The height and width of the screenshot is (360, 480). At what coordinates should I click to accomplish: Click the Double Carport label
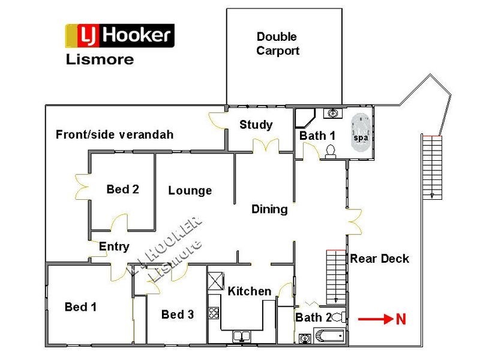point(277,44)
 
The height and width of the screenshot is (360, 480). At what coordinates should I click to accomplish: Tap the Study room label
point(256,125)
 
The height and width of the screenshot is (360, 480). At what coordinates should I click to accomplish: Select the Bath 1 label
point(317,136)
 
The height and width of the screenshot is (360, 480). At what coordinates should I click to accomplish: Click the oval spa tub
point(360,130)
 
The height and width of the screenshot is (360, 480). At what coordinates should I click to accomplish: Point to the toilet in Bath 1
point(331,152)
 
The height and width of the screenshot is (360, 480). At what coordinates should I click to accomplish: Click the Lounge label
point(190,191)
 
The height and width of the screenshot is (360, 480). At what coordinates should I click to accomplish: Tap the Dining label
point(269,209)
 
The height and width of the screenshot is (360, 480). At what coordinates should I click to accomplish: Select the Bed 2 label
point(122,190)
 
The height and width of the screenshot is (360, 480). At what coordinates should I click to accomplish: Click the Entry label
point(114,247)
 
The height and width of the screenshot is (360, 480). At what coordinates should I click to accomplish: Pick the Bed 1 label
point(80,307)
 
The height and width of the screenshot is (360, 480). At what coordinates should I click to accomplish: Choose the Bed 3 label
point(178,314)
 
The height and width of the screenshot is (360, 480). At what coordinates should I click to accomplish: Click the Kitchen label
point(249,291)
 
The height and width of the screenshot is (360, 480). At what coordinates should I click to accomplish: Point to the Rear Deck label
point(379,259)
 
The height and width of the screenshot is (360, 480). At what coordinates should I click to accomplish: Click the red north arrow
point(374,320)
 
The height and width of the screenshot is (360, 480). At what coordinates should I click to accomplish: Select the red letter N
point(401,320)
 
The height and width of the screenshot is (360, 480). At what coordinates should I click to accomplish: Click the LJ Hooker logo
point(119,36)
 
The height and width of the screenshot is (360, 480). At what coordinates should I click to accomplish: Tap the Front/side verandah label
point(114,134)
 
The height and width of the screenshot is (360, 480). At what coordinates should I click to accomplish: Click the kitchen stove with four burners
point(214,313)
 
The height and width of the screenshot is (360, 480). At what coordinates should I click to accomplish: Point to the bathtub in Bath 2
point(329,336)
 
